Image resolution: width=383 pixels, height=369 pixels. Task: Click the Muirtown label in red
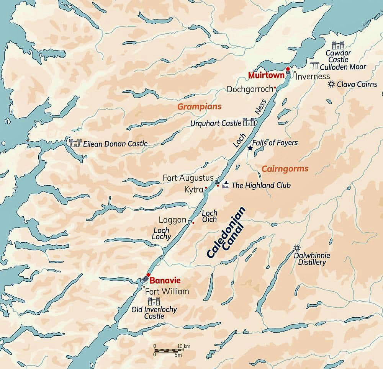click(x=266, y=75)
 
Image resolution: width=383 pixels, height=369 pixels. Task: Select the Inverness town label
click(x=313, y=76)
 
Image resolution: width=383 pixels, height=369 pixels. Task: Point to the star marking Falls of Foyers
click(x=250, y=148)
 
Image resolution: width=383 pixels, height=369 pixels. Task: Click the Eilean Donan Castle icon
click(x=75, y=143)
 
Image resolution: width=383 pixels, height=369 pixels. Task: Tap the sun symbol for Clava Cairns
click(x=331, y=84)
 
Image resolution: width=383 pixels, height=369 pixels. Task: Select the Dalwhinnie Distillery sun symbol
click(x=296, y=248)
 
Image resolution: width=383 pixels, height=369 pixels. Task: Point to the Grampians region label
click(x=199, y=107)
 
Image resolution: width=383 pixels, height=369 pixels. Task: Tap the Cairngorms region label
click(x=285, y=169)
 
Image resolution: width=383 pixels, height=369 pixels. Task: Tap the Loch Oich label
click(x=209, y=216)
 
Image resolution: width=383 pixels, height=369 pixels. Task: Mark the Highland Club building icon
click(x=226, y=185)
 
